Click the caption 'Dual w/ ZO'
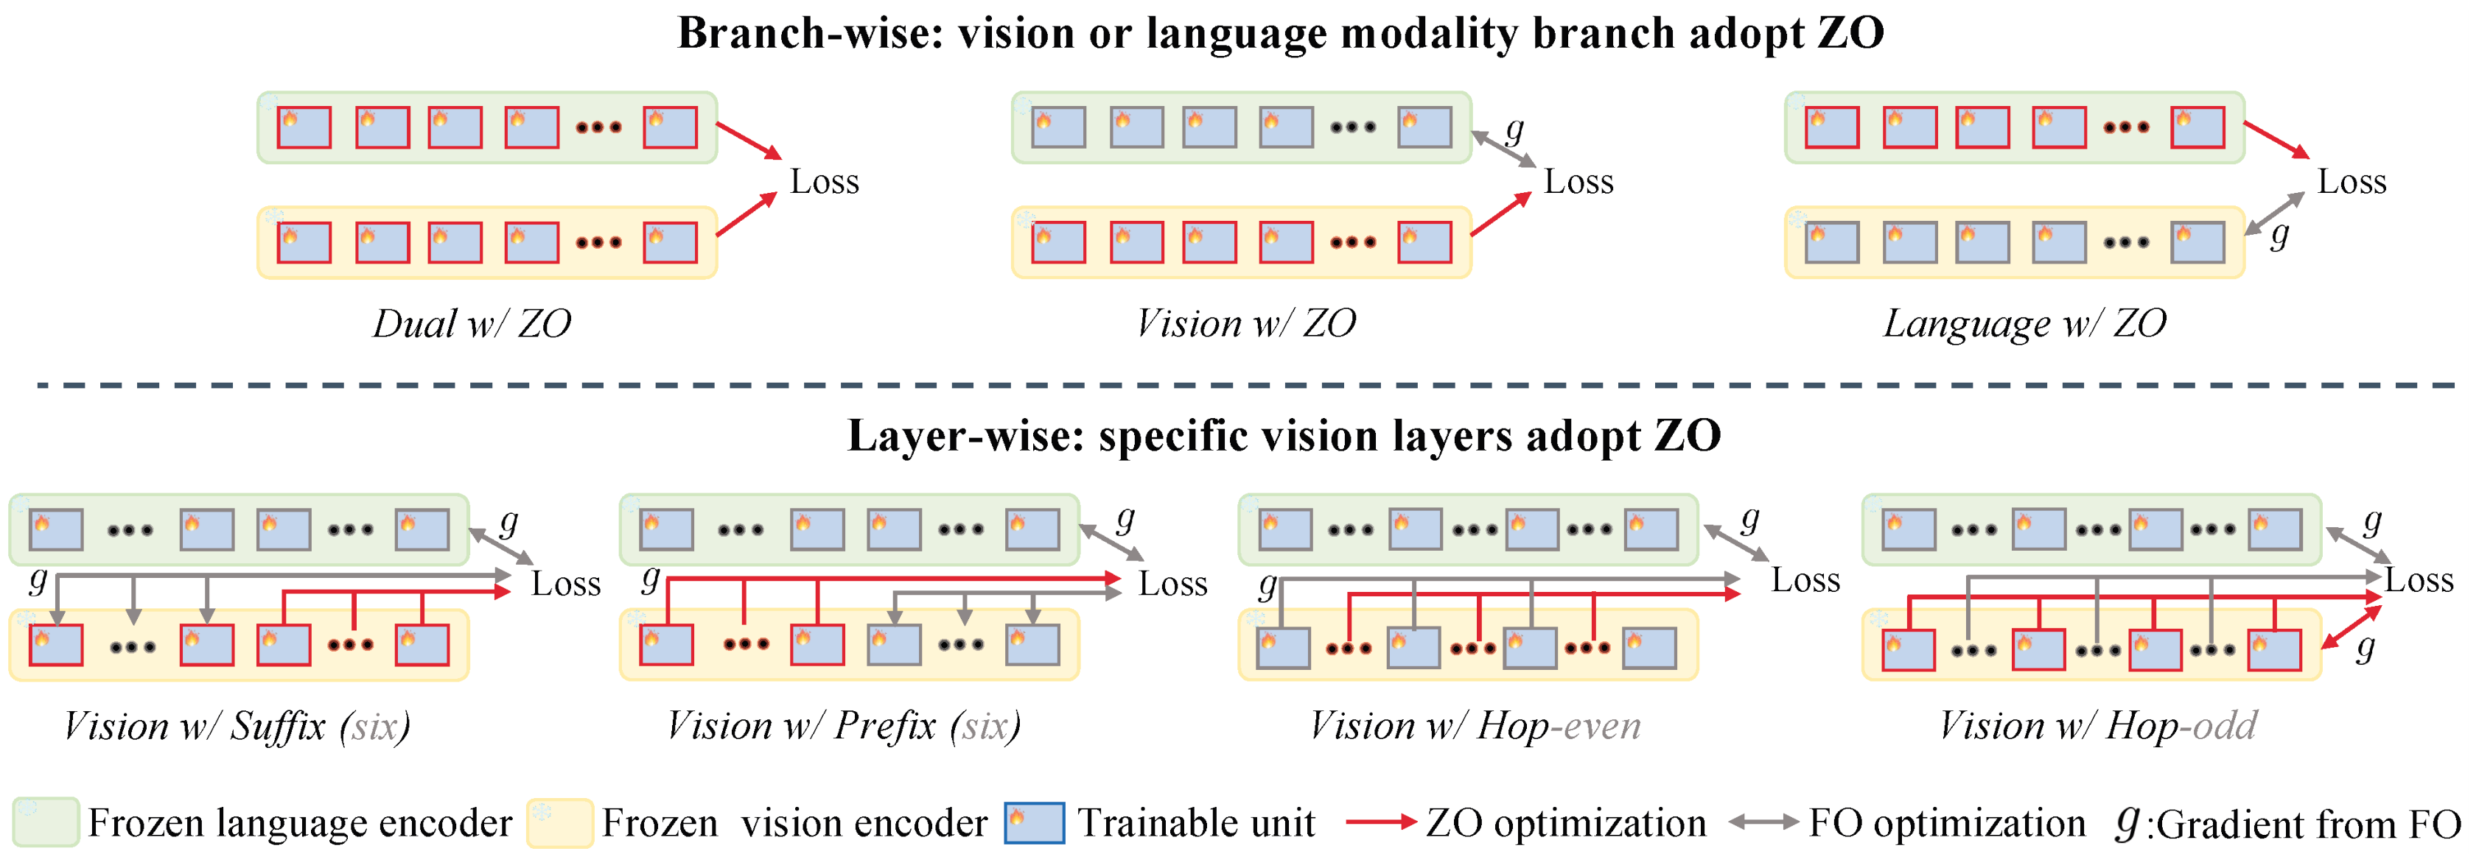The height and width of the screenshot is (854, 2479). [472, 324]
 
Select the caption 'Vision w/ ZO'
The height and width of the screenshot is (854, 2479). [1245, 324]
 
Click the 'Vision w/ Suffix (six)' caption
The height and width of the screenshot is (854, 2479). [237, 726]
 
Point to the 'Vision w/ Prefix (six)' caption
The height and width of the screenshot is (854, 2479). [844, 726]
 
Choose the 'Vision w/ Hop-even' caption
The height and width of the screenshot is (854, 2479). [1475, 726]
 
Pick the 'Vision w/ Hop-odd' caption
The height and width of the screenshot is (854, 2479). [2097, 726]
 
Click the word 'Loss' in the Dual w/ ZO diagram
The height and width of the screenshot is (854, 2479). [824, 182]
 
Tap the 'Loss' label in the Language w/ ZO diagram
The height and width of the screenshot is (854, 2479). [2351, 182]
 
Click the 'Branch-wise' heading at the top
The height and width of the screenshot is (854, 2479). [1280, 34]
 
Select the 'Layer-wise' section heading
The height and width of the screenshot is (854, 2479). [1284, 437]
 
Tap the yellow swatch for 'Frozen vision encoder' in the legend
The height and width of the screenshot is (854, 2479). [560, 823]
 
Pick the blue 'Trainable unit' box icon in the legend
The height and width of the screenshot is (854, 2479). [1034, 823]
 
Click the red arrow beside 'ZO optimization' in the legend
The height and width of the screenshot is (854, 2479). [1380, 822]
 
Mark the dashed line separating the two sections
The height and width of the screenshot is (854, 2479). [1242, 385]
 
